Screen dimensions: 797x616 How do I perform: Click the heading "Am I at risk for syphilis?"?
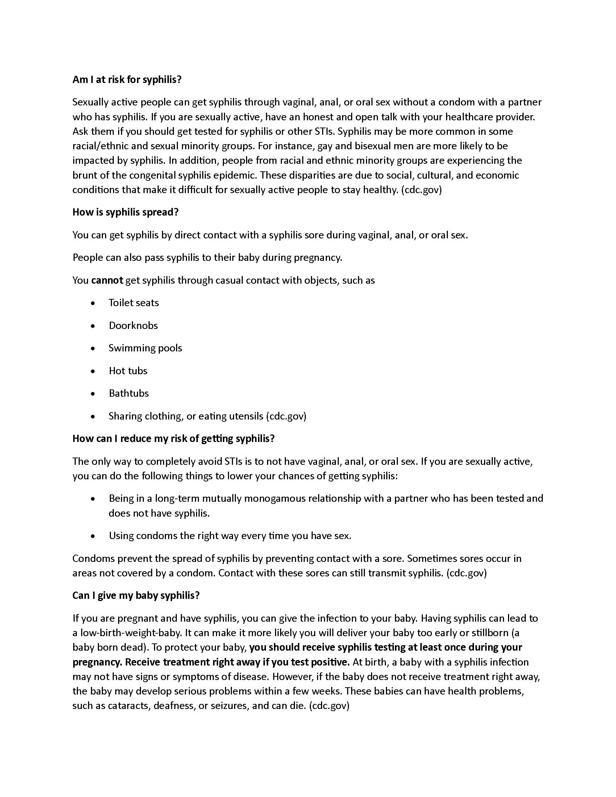click(126, 80)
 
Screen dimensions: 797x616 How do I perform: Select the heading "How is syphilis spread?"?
click(125, 212)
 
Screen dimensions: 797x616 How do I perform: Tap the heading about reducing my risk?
click(173, 438)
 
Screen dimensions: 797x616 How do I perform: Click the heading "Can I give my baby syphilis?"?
click(136, 595)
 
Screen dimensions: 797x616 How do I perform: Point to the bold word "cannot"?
click(107, 280)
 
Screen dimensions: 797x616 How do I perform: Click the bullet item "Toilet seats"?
click(134, 303)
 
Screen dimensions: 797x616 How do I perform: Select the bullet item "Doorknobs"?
click(133, 326)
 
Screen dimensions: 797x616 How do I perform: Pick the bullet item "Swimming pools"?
click(145, 348)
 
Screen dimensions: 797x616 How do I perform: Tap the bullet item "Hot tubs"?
click(128, 371)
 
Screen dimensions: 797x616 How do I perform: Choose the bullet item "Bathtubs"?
click(129, 393)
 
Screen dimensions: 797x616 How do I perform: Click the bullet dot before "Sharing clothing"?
click(93, 416)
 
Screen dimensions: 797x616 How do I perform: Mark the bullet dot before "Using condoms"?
click(93, 536)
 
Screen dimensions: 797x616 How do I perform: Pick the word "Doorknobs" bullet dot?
click(93, 326)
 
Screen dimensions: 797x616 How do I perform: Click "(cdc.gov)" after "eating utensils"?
click(286, 416)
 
